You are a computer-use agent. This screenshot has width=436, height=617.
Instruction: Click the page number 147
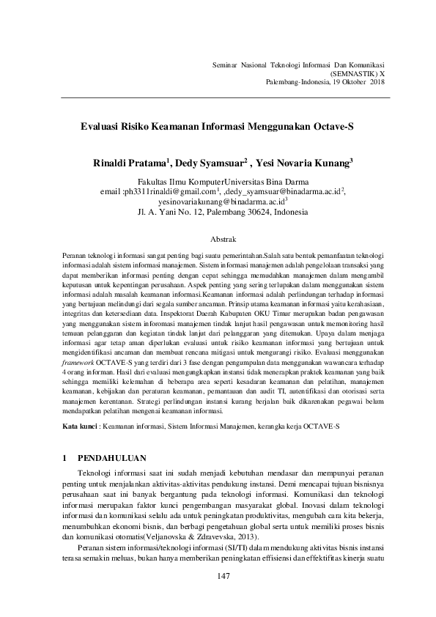224,577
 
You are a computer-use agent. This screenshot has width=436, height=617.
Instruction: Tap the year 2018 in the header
377,83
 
